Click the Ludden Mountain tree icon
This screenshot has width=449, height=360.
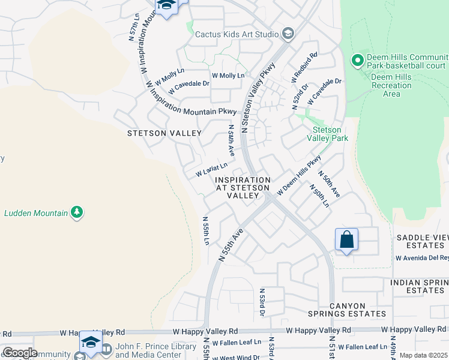pyautogui.click(x=76, y=212)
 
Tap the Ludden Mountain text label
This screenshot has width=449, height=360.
pyautogui.click(x=37, y=212)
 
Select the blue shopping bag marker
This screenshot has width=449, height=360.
pyautogui.click(x=346, y=240)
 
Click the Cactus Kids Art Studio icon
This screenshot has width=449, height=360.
pyautogui.click(x=288, y=34)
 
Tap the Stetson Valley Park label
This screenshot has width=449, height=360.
pyautogui.click(x=327, y=134)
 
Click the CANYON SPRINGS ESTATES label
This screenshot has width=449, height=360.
pyautogui.click(x=346, y=309)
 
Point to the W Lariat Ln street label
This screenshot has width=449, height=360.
pyautogui.click(x=212, y=170)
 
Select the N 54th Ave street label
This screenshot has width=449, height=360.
pyautogui.click(x=231, y=141)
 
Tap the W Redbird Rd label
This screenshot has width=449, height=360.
pyautogui.click(x=304, y=67)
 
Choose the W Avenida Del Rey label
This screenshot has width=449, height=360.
pyautogui.click(x=421, y=259)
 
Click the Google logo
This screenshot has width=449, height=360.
pyautogui.click(x=19, y=353)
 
